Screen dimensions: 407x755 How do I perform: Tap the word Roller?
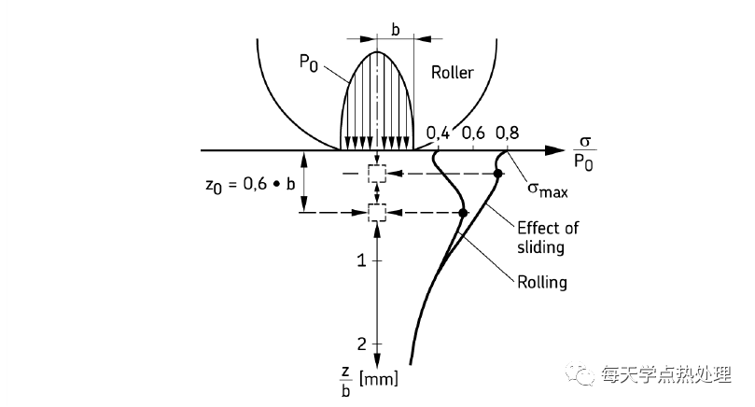(x=453, y=72)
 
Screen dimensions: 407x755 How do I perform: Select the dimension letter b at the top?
(x=396, y=30)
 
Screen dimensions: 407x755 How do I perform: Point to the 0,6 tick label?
(x=472, y=134)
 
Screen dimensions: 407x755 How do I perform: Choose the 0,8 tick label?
(x=507, y=134)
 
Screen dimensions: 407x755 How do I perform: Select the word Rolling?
(x=541, y=282)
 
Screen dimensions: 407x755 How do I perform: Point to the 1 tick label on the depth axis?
(x=361, y=260)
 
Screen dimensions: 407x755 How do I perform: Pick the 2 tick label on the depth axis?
(x=361, y=344)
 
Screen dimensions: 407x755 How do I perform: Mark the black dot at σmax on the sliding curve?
(x=498, y=174)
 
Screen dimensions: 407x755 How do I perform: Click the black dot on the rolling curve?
(x=463, y=214)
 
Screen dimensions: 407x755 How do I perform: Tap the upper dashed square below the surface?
(x=376, y=174)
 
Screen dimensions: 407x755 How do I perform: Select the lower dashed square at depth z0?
(x=376, y=214)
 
